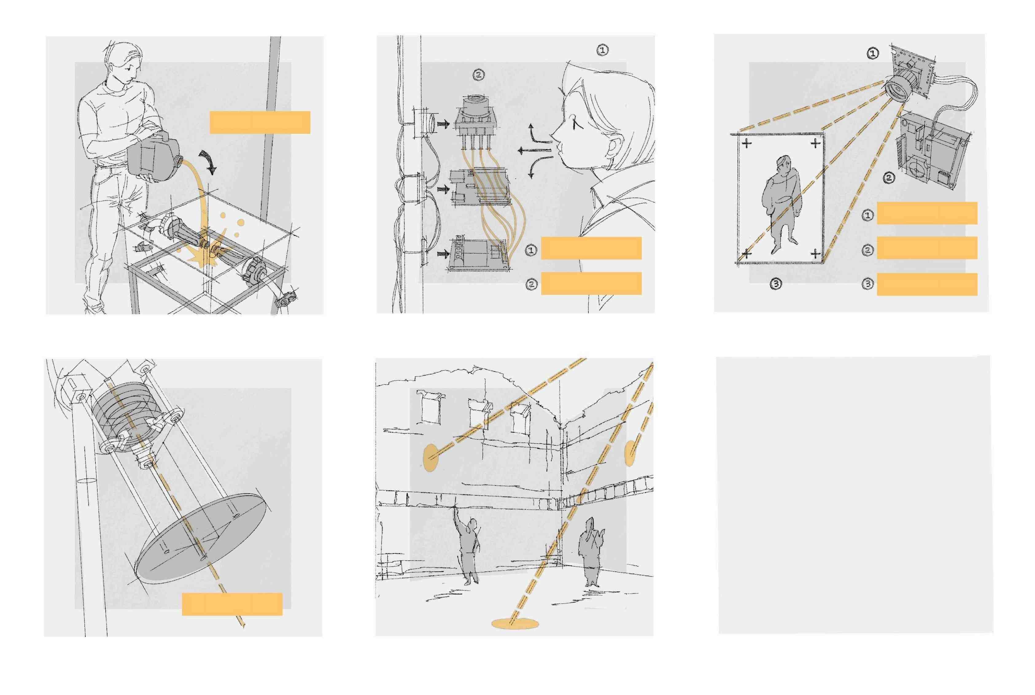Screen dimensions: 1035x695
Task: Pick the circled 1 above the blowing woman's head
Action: tap(603, 50)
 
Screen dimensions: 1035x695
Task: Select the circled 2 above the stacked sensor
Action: tap(479, 75)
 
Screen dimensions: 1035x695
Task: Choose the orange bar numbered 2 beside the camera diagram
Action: tap(927, 248)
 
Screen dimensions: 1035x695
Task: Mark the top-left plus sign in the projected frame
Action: tap(747, 143)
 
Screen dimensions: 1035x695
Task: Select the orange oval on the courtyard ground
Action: tap(516, 624)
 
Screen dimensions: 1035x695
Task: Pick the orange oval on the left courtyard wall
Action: tap(430, 458)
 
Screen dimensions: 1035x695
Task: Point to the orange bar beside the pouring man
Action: tap(260, 122)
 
